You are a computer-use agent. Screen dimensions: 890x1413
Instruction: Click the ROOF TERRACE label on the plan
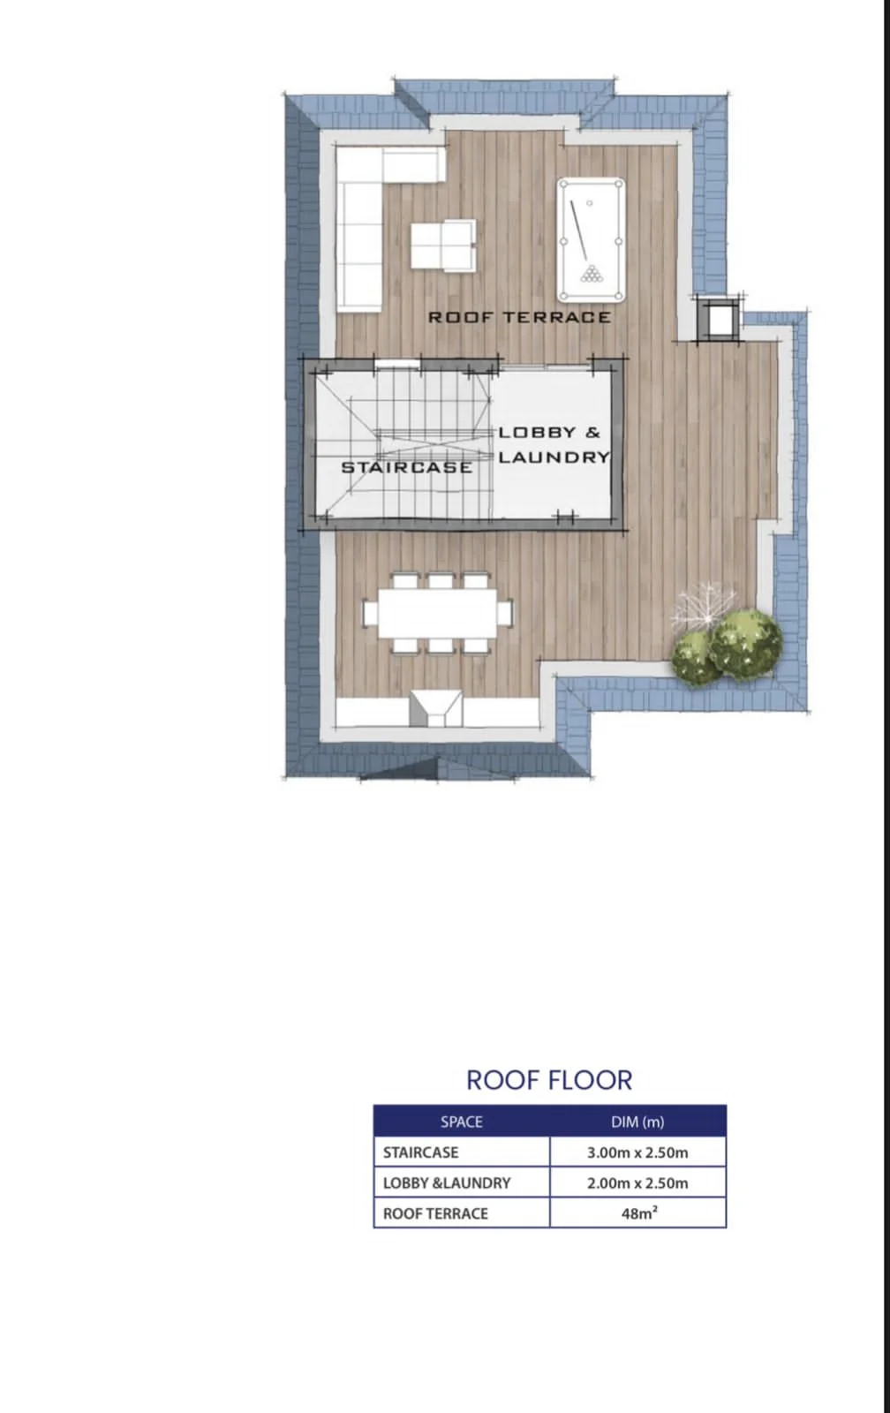pos(520,317)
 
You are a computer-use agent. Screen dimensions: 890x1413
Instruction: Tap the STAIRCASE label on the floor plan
pos(407,467)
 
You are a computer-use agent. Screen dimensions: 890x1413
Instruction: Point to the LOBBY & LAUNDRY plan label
pos(554,444)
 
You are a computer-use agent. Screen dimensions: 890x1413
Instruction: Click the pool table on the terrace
pos(591,240)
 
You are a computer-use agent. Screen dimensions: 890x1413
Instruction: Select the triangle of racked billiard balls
pos(592,273)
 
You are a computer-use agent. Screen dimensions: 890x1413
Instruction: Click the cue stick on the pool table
pos(579,230)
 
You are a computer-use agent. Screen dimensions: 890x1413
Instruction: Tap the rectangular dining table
pos(438,613)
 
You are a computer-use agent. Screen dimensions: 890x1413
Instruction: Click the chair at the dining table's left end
pos(370,613)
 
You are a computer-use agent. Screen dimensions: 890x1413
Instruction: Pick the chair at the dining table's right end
pos(505,613)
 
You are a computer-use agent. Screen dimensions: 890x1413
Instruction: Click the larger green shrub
pos(746,643)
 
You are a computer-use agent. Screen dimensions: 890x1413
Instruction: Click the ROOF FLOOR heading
pos(549,1081)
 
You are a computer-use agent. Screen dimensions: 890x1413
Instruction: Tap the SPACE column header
pos(462,1122)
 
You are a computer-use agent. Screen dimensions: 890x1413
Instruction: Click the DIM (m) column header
pos(637,1122)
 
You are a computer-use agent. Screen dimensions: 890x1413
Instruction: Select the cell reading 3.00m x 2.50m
pos(637,1152)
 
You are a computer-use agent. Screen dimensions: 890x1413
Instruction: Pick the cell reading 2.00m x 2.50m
pos(637,1183)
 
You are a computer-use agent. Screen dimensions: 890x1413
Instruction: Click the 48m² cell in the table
pos(637,1213)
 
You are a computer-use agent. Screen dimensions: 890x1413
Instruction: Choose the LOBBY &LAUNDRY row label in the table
pos(447,1183)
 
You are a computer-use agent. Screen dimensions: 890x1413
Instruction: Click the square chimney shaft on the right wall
pos(719,319)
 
